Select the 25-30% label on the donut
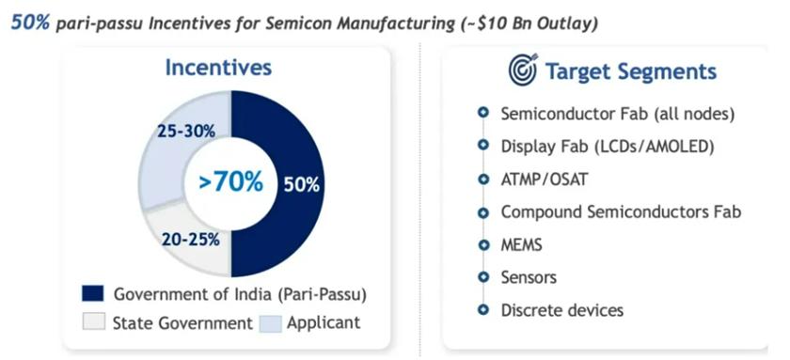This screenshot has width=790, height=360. click(x=186, y=132)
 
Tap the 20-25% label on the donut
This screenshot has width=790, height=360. click(x=190, y=240)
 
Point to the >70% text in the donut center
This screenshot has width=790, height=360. click(x=230, y=181)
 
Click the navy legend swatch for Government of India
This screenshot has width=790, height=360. click(x=93, y=293)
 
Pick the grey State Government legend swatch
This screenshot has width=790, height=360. click(x=93, y=322)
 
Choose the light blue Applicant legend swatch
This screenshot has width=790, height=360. click(x=270, y=322)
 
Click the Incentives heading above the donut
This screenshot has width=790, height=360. click(x=218, y=68)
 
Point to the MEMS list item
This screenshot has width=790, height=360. click(x=521, y=244)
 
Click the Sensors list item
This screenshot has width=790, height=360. click(x=529, y=277)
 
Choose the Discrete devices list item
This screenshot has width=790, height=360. click(x=561, y=309)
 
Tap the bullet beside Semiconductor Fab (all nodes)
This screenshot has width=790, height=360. click(x=483, y=114)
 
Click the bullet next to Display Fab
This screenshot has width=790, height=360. click(x=483, y=146)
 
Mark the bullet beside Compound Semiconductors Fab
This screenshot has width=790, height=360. click(x=483, y=212)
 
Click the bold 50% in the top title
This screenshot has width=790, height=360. click(x=30, y=23)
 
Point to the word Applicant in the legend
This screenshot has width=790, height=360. click(x=324, y=322)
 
